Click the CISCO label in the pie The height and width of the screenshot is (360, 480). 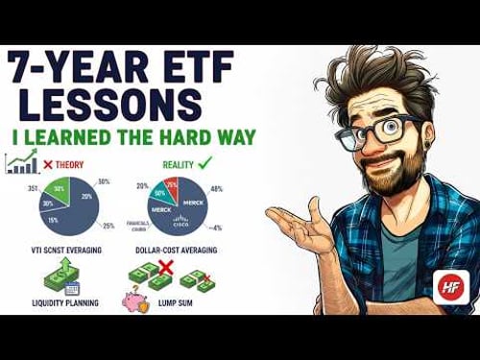[x=180, y=220]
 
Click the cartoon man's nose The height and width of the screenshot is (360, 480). [x=377, y=143]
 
